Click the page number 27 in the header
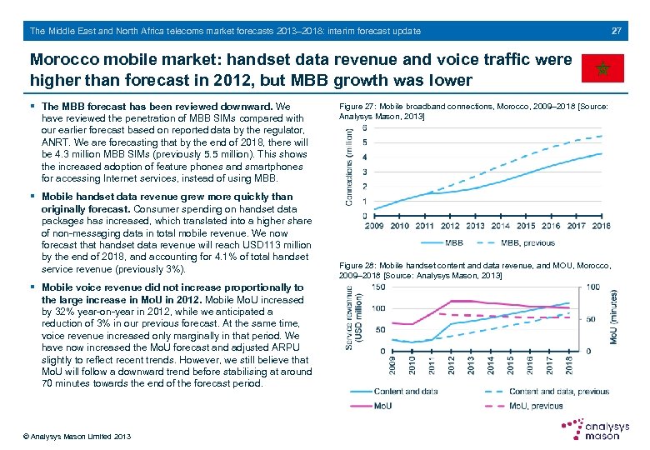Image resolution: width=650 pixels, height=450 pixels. tap(617, 32)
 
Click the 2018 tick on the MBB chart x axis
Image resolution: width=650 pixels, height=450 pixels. tap(601, 226)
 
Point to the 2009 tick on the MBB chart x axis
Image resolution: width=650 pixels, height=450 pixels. tap(374, 226)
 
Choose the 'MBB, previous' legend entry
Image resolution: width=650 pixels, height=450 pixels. tap(527, 242)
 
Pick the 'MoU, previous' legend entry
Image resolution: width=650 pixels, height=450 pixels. tap(534, 406)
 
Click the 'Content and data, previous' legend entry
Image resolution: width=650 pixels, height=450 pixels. tap(558, 391)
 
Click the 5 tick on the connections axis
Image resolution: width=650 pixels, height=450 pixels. tap(365, 142)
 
